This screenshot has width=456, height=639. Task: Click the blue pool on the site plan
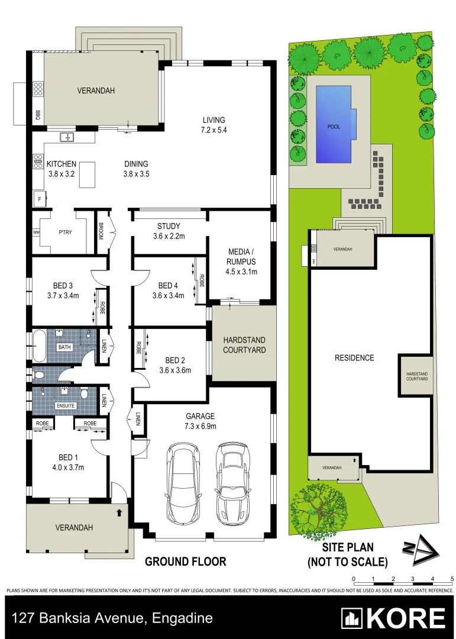pos(334,124)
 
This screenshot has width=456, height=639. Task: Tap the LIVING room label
pos(214,119)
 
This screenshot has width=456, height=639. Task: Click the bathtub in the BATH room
pos(38,347)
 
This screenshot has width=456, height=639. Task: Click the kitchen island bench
pos(88,175)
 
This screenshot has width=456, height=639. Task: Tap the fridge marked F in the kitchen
pos(40,200)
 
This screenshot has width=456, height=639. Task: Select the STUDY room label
pos(169,226)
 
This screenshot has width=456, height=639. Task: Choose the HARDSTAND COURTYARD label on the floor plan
pos(244,345)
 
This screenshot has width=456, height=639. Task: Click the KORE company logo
pos(393,618)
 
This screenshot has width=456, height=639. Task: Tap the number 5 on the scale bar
pos(452,578)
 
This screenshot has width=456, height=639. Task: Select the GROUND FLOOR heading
pos(186,561)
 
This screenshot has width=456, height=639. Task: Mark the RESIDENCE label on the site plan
pos(354,357)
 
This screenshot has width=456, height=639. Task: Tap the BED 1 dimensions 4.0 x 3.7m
pos(67,467)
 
